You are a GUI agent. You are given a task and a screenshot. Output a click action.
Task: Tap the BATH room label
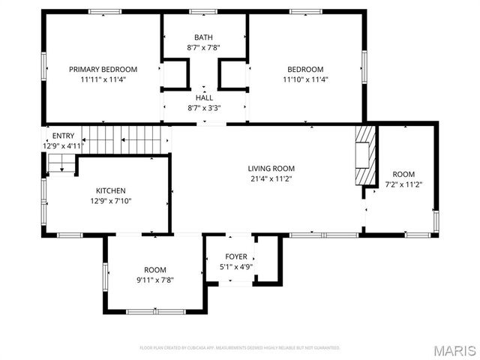203,37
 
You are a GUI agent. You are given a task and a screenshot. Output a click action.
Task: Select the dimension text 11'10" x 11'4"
305,79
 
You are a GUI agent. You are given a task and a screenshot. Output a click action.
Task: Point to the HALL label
204,97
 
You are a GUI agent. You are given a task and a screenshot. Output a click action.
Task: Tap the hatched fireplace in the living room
364,155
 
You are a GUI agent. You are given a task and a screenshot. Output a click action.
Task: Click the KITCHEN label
110,190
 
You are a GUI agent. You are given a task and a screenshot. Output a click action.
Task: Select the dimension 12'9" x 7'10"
110,201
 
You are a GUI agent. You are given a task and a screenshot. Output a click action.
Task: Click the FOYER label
236,256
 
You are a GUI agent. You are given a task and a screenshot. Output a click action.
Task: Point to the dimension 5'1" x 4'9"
236,266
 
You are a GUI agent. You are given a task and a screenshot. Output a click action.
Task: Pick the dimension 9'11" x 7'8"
155,280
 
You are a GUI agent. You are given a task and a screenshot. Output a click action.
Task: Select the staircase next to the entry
124,139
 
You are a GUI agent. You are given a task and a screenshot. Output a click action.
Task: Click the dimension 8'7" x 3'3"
204,107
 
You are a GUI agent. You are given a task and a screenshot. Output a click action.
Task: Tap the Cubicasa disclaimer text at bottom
240,348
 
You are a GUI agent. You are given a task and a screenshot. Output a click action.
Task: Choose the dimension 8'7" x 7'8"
203,47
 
